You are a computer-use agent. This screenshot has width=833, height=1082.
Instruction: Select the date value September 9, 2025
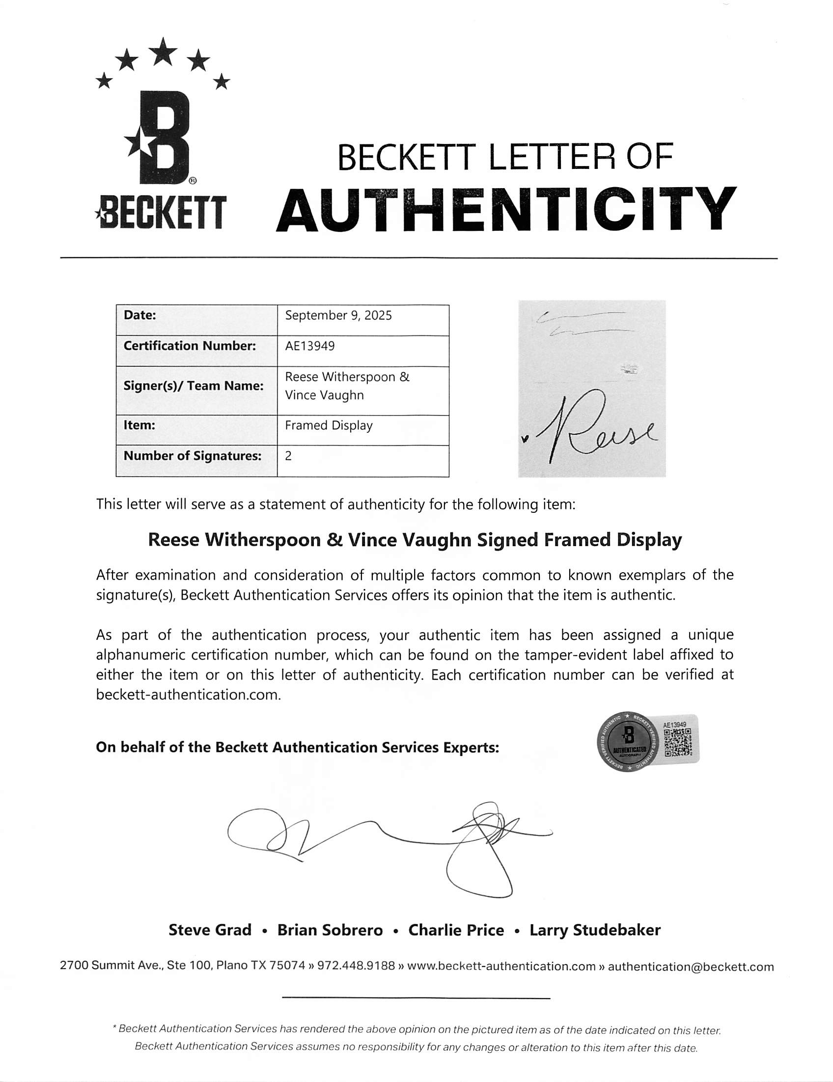pyautogui.click(x=338, y=316)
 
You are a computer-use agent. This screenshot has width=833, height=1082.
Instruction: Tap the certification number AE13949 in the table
pyautogui.click(x=310, y=346)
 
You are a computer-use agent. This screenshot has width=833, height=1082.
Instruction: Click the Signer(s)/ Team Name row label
pyautogui.click(x=193, y=386)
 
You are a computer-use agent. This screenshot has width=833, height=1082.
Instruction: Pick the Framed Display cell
pyautogui.click(x=329, y=425)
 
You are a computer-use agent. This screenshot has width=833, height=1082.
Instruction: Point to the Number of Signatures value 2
pyautogui.click(x=288, y=456)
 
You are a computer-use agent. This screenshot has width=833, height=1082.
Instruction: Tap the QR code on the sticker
pyautogui.click(x=678, y=744)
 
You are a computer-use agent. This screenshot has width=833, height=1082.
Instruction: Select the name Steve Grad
pyautogui.click(x=210, y=930)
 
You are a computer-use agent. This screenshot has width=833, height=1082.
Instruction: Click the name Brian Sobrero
pyautogui.click(x=330, y=930)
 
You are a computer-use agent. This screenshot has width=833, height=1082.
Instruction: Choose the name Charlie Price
pyautogui.click(x=456, y=930)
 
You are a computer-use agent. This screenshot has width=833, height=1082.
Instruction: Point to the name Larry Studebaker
pyautogui.click(x=595, y=930)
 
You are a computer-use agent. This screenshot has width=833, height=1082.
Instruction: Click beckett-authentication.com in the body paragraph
pyautogui.click(x=188, y=694)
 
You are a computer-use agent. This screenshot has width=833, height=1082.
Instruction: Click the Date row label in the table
pyautogui.click(x=140, y=315)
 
